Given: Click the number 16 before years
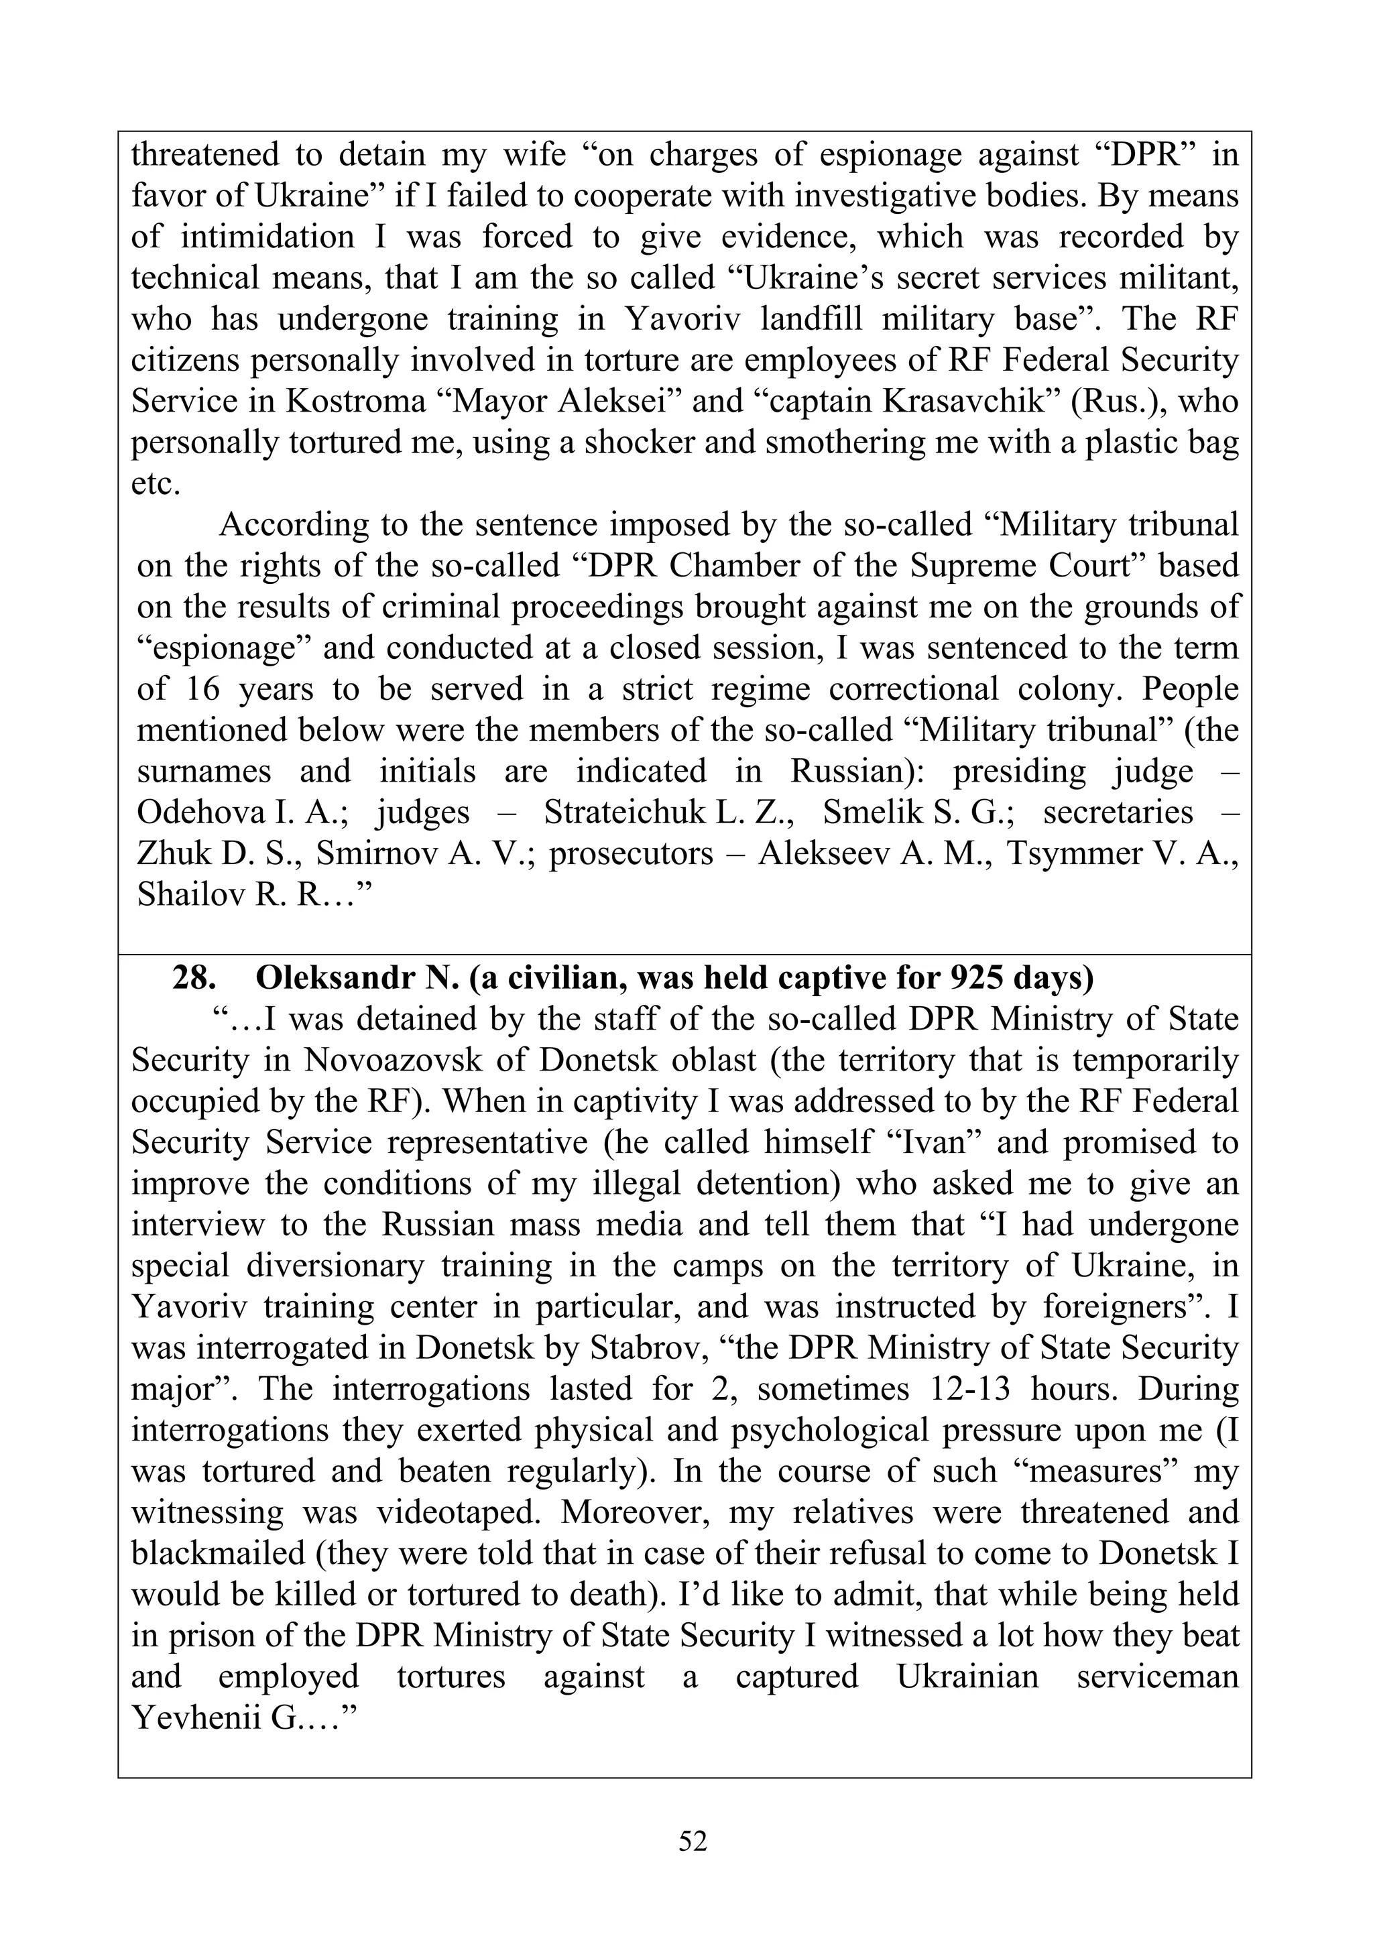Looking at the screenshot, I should [x=202, y=688].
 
